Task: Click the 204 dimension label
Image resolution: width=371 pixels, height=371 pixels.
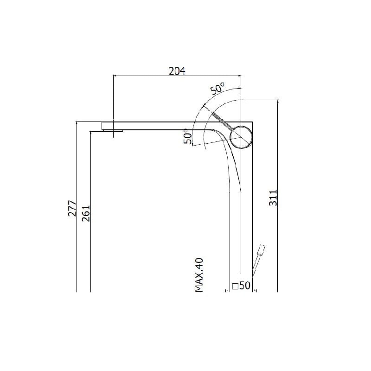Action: click(x=177, y=71)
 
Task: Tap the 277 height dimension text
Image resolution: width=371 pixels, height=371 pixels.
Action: click(x=72, y=208)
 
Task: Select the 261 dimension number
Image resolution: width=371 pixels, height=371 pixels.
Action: click(x=86, y=213)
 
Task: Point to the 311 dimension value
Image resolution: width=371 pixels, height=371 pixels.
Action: click(x=273, y=198)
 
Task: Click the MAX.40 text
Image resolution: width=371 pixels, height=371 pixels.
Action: click(x=199, y=275)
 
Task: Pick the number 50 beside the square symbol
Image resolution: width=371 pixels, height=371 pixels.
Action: click(x=245, y=286)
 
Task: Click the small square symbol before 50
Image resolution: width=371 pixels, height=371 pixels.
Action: click(x=235, y=286)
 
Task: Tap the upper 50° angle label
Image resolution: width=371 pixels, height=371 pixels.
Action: click(x=217, y=89)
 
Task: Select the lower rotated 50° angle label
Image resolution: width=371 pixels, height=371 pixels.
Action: click(x=188, y=136)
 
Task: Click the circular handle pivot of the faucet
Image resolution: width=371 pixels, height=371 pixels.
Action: click(x=241, y=137)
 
